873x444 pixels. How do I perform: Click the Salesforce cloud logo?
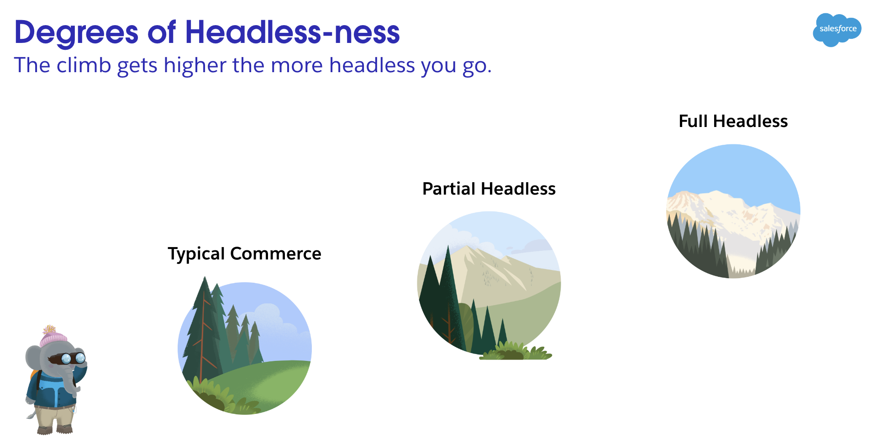[837, 30]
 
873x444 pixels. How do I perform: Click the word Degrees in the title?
[76, 32]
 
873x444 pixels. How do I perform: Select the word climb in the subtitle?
[84, 65]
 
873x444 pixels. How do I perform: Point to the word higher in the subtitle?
[195, 65]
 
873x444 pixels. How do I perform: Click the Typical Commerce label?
[244, 254]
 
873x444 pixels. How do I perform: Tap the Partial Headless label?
[489, 189]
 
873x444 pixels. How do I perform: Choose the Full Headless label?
[733, 121]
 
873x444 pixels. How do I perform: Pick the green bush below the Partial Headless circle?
[516, 352]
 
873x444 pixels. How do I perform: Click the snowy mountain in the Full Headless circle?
[731, 219]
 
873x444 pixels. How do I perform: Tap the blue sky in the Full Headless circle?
[733, 169]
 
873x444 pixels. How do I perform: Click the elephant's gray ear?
[33, 356]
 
